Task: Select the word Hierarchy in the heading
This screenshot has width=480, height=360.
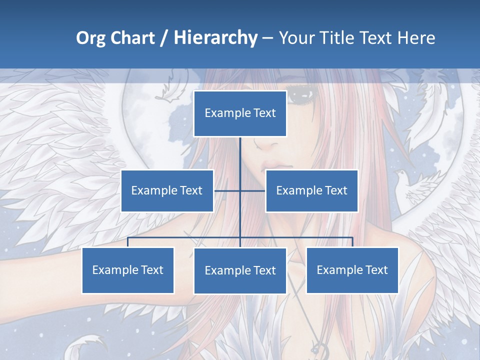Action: click(215, 38)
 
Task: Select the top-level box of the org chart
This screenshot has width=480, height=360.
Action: click(240, 113)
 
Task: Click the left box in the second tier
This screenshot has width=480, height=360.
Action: click(167, 190)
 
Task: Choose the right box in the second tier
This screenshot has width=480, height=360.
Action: click(311, 190)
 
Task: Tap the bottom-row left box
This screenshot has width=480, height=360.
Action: click(128, 270)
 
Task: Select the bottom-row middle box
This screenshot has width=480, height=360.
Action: click(240, 270)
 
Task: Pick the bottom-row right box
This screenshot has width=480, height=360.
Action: click(352, 270)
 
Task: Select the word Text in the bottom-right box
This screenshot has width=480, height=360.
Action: click(376, 270)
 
